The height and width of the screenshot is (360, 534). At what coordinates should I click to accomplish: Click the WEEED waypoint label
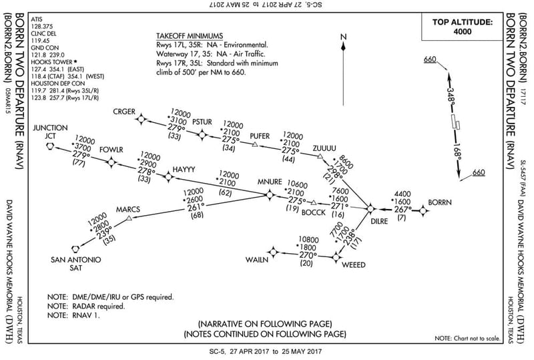(354, 265)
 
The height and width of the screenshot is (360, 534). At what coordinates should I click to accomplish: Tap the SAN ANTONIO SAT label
(76, 264)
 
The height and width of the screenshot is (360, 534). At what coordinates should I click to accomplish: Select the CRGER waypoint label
(124, 111)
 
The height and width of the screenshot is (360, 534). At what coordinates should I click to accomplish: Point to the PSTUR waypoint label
(202, 122)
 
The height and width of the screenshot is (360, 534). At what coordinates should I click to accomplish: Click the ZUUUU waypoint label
(325, 147)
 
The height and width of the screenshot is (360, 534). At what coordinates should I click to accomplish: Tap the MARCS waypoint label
(128, 209)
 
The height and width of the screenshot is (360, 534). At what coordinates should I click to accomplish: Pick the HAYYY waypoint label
(184, 170)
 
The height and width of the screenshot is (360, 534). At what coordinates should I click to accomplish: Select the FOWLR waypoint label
(111, 150)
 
